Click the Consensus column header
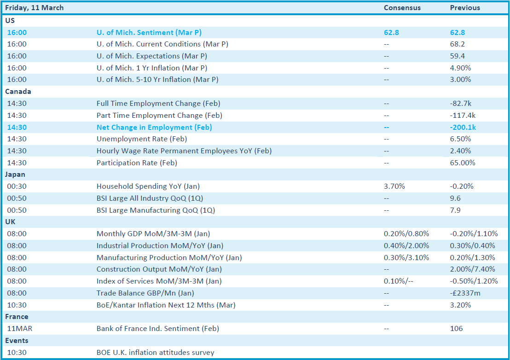[402, 8]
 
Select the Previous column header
[465, 8]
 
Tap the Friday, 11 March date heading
[35, 8]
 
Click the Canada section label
[18, 92]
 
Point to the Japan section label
[15, 174]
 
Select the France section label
[17, 317]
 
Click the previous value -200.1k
[463, 127]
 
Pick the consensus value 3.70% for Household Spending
[394, 186]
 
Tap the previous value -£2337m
[465, 293]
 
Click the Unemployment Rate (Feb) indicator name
[142, 139]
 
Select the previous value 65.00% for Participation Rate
[463, 163]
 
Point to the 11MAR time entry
[19, 328]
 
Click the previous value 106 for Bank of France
[456, 328]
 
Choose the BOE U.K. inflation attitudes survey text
[156, 353]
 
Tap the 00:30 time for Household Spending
[17, 186]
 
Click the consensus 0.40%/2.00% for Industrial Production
[406, 245]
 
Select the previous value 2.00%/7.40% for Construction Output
[473, 269]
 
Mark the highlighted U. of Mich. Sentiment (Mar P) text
[149, 33]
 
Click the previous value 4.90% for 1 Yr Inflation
[461, 68]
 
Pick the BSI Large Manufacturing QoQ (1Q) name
[156, 210]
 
